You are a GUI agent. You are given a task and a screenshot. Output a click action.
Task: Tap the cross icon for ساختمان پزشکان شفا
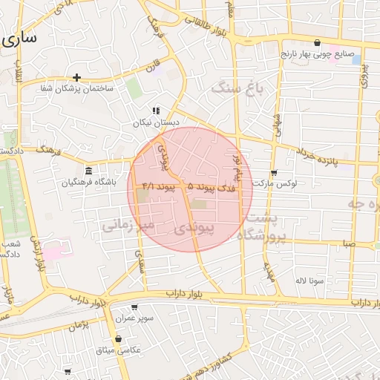(x=76, y=77)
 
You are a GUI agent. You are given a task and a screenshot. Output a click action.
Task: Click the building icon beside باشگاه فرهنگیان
(x=88, y=171)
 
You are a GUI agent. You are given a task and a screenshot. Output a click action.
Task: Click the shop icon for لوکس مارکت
(x=274, y=172)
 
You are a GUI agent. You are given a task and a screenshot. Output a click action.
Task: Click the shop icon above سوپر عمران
(x=134, y=307)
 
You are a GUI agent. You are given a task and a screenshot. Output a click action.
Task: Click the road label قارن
(x=154, y=71)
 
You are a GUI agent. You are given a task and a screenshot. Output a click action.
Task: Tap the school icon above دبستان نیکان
(x=156, y=111)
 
